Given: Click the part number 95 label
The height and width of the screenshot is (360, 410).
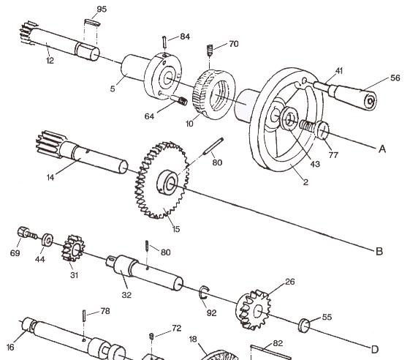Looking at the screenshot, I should click(x=101, y=9).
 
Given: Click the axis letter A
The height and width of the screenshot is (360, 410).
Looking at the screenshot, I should click(x=381, y=149).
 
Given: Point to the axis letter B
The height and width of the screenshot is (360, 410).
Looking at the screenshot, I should click(x=379, y=252).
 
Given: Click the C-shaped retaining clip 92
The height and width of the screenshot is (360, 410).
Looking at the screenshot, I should click(x=205, y=295).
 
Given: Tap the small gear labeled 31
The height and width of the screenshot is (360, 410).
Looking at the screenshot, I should click(x=73, y=248).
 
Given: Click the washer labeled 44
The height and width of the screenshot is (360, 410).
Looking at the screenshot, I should click(x=47, y=239).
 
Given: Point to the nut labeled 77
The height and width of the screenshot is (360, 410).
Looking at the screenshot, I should click(x=322, y=135).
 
